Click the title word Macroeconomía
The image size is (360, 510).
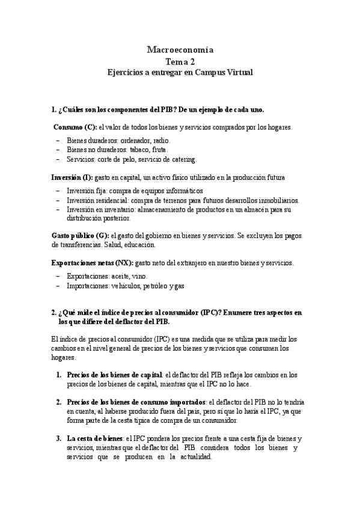pyautogui.click(x=180, y=50)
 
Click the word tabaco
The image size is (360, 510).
pyautogui.click(x=142, y=150)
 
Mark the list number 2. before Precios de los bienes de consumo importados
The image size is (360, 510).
pyautogui.click(x=59, y=402)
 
